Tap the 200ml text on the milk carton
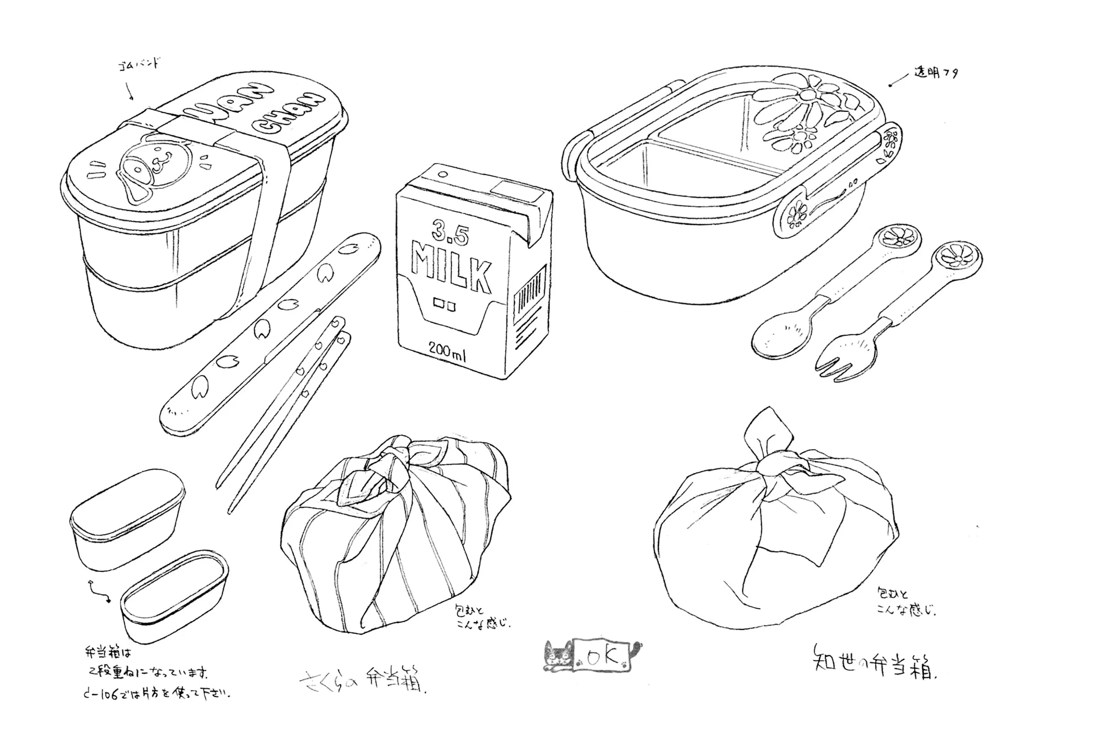click(x=447, y=350)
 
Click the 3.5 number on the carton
click(x=450, y=233)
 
